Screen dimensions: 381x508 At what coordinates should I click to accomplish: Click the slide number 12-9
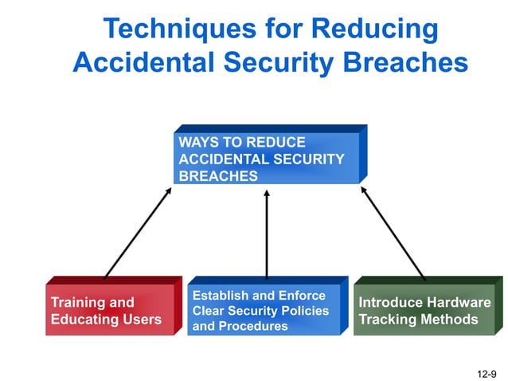tap(487, 372)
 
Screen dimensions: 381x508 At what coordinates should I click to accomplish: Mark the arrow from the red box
tap(138, 232)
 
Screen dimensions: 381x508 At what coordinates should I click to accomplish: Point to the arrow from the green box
tap(393, 232)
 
